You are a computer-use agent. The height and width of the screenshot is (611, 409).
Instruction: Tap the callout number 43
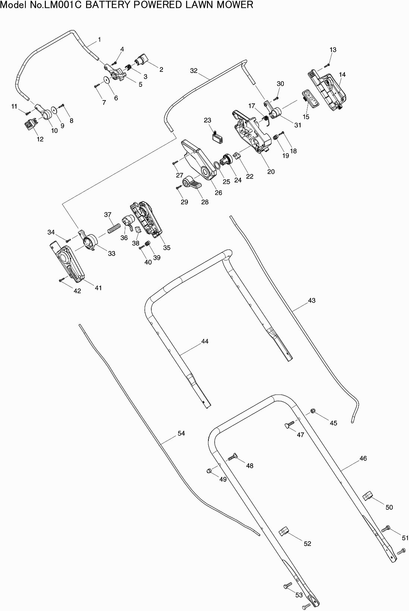pyautogui.click(x=312, y=300)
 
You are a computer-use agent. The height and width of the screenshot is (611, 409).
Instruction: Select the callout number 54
pyautogui.click(x=181, y=433)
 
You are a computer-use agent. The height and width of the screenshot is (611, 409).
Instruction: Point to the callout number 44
pyautogui.click(x=205, y=341)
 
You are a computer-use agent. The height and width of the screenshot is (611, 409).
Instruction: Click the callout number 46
pyautogui.click(x=363, y=458)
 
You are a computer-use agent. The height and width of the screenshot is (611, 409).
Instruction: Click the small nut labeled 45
pyautogui.click(x=312, y=411)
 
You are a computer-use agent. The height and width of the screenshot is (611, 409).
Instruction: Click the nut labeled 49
pyautogui.click(x=209, y=471)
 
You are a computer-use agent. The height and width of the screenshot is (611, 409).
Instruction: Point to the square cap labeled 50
pyautogui.click(x=368, y=496)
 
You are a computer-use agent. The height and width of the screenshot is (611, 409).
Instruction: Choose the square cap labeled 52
pyautogui.click(x=284, y=532)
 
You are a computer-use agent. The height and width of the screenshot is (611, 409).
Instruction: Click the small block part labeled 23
pyautogui.click(x=217, y=137)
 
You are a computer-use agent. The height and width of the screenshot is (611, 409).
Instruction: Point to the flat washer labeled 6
pyautogui.click(x=107, y=80)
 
